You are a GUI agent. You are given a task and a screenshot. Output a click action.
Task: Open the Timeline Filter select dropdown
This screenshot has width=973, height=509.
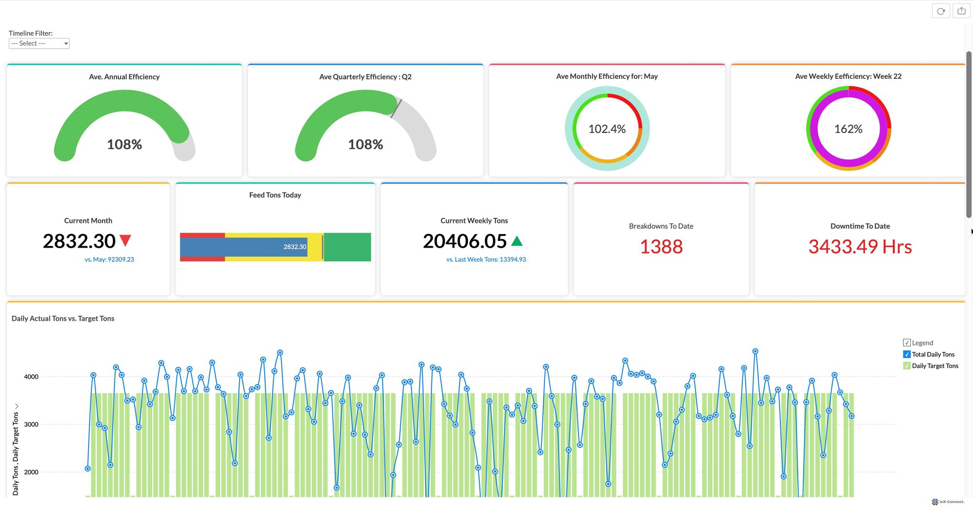click(x=39, y=43)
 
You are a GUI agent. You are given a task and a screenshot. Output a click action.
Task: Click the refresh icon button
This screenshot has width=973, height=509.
click(x=941, y=11)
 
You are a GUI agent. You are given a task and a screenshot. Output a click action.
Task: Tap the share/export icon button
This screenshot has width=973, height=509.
click(x=961, y=11)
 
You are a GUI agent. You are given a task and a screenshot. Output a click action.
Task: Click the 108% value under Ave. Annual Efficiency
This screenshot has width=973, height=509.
click(x=125, y=145)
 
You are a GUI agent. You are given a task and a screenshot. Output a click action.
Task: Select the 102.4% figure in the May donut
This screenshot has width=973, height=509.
click(x=607, y=129)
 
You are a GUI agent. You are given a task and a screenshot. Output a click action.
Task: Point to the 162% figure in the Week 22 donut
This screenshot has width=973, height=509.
click(x=848, y=129)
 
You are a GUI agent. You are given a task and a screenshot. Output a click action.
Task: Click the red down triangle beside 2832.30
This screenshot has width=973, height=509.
click(x=126, y=240)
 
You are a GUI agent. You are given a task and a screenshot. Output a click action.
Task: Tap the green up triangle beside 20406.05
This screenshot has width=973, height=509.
click(x=517, y=240)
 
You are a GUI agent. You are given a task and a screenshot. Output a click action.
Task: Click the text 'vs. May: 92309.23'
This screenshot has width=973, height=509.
click(x=109, y=259)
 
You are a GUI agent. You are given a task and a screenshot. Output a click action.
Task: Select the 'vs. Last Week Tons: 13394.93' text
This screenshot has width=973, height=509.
click(x=486, y=259)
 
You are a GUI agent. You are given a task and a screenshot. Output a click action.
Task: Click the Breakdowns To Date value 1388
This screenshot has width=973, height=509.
click(x=661, y=247)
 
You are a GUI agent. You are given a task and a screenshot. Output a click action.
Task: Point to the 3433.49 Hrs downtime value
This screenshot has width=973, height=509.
click(x=860, y=247)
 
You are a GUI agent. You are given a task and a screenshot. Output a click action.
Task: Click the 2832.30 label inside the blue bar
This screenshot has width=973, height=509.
click(x=295, y=247)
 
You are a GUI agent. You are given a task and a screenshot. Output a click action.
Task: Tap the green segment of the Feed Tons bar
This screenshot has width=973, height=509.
click(x=347, y=247)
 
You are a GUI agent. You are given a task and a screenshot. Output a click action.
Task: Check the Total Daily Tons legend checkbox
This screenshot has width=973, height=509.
click(x=907, y=354)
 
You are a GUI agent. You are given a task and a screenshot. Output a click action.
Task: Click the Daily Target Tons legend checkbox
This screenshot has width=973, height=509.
click(x=907, y=366)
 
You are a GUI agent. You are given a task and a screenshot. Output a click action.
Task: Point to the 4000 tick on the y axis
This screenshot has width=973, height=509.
click(x=31, y=377)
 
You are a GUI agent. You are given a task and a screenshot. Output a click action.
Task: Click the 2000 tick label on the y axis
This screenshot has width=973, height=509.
click(x=31, y=472)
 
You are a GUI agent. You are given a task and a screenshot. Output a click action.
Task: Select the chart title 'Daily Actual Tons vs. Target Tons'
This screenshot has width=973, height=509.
click(x=63, y=318)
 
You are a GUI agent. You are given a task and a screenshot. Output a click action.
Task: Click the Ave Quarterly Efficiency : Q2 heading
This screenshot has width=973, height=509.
click(x=365, y=77)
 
